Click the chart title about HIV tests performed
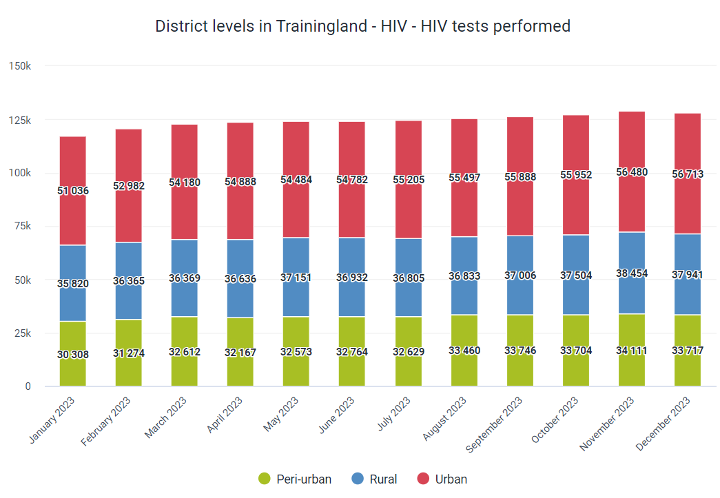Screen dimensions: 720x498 pyautogui.click(x=362, y=26)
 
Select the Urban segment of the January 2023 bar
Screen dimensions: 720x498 pyautogui.click(x=72, y=191)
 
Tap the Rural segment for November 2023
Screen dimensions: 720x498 pyautogui.click(x=631, y=273)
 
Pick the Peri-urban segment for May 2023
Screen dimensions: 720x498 pyautogui.click(x=296, y=351)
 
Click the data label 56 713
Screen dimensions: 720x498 pyautogui.click(x=688, y=174)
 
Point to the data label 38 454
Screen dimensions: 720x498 pyautogui.click(x=631, y=273)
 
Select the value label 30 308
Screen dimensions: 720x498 pyautogui.click(x=72, y=354)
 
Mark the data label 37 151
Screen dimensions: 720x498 pyautogui.click(x=296, y=277)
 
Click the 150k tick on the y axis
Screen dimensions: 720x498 pyautogui.click(x=20, y=66)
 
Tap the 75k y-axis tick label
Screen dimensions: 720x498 pyautogui.click(x=23, y=226)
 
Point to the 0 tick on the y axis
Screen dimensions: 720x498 pyautogui.click(x=28, y=386)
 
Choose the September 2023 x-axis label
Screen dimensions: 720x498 pyautogui.click(x=494, y=424)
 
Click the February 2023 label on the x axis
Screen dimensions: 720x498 pyautogui.click(x=105, y=422)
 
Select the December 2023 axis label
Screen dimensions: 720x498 pyautogui.click(x=663, y=424)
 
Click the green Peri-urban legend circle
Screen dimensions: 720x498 pyautogui.click(x=265, y=479)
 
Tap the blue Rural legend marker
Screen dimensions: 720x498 pyautogui.click(x=358, y=479)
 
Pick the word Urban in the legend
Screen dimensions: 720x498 pyautogui.click(x=451, y=479)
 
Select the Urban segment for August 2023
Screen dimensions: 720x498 pyautogui.click(x=464, y=178)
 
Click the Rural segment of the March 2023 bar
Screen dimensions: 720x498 pyautogui.click(x=184, y=278)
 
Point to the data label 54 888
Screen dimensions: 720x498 pyautogui.click(x=240, y=182)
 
